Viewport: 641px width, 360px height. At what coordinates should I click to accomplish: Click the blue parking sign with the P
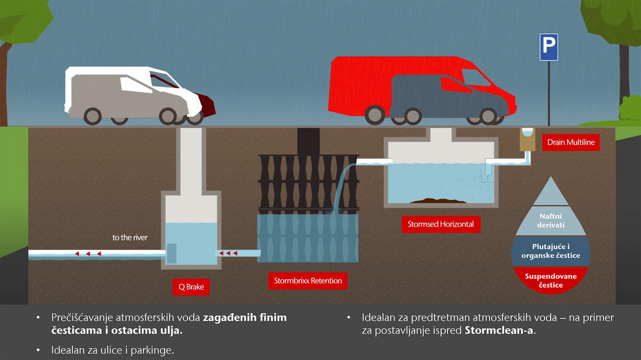(548, 47)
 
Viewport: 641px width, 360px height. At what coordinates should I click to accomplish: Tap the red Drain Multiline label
(571, 142)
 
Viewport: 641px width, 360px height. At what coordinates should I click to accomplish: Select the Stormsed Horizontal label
(440, 224)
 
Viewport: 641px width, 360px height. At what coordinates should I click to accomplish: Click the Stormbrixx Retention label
(308, 281)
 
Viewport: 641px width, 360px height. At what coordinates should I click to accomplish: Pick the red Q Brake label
(191, 287)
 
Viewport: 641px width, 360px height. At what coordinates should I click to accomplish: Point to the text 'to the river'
(130, 238)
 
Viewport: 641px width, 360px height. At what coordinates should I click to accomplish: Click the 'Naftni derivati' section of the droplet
(551, 221)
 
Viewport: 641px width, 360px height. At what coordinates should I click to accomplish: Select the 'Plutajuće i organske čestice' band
(551, 251)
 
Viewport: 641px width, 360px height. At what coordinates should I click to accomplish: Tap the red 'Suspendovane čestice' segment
(551, 280)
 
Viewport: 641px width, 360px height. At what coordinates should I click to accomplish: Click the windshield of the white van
(164, 80)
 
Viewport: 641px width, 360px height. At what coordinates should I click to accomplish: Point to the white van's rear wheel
(92, 116)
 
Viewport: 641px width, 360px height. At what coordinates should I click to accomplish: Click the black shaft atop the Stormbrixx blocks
(308, 141)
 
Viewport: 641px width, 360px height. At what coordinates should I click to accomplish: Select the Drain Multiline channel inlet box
(527, 139)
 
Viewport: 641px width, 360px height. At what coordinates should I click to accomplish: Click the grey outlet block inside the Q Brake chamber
(171, 253)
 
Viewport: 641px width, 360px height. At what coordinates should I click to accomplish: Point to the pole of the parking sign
(549, 94)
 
